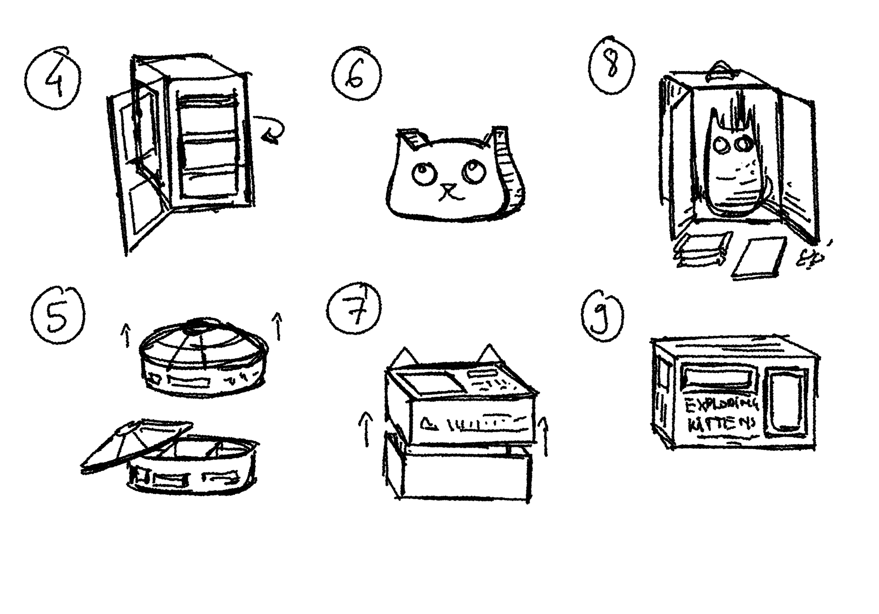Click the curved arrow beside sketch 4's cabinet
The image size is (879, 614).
click(271, 130)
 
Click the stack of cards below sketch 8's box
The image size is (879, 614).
click(700, 250)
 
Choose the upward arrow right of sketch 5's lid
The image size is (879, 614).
click(277, 325)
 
